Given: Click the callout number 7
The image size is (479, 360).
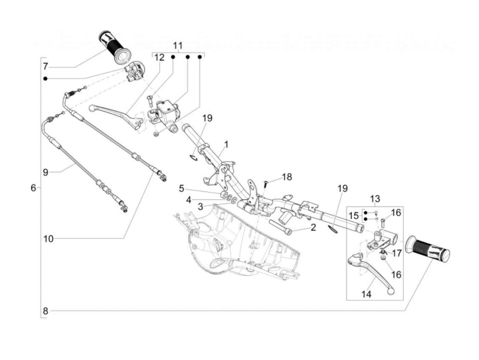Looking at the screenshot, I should point(46,66).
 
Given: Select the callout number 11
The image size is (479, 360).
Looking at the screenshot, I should point(178,46).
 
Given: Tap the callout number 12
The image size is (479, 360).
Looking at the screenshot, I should point(159,57).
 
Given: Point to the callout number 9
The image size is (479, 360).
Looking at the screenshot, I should point(46,172).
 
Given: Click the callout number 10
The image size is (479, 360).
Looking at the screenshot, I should point(49,239).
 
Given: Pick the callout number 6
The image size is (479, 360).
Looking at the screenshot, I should point(33,188).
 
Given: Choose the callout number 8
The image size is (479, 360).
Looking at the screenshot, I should point(46,311).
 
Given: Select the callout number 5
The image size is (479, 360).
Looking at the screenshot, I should point(181,188).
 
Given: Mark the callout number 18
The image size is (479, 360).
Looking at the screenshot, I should point(287,177).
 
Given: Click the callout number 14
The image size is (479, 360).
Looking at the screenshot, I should point(365,293).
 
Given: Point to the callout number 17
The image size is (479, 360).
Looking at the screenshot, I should point(397,254).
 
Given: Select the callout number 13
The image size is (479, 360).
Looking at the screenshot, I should point(375,198).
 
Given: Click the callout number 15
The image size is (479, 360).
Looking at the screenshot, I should point(354,216).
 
